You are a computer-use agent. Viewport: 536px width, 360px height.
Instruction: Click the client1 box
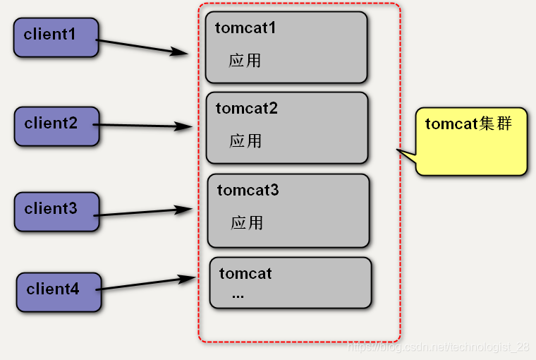point(56,37)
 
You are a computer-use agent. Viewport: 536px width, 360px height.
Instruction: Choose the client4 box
point(59,292)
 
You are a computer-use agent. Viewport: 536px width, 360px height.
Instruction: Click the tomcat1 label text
point(245,28)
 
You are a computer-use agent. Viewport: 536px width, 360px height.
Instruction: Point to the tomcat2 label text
point(247,109)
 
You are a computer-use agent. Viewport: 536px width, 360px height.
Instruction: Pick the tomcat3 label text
point(248,191)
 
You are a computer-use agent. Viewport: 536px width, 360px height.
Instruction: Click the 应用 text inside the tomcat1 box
point(245,61)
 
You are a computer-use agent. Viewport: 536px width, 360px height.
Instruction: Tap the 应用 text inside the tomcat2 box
point(245,141)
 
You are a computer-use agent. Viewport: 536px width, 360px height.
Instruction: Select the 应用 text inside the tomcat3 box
point(247,223)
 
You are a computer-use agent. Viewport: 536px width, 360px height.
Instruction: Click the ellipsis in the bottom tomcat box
point(238,295)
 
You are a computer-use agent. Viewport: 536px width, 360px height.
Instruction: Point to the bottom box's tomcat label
point(245,274)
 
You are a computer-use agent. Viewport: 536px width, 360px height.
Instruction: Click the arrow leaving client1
point(141,46)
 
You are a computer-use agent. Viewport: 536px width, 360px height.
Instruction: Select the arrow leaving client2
point(141,126)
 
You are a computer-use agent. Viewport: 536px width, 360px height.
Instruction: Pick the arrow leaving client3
point(141,212)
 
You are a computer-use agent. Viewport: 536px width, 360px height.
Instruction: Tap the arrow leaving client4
point(145,284)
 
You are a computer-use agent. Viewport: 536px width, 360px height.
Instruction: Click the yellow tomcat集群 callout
point(471,141)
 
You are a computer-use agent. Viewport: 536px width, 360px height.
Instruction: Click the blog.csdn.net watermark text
point(439,347)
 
